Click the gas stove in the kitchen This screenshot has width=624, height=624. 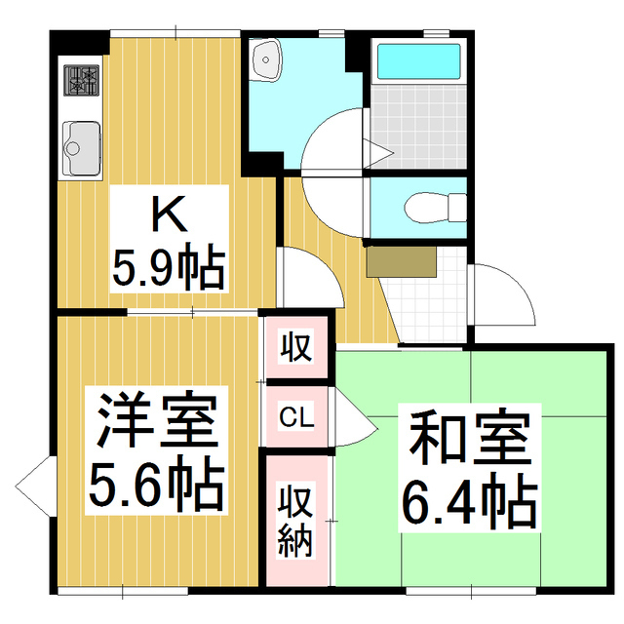[83, 80]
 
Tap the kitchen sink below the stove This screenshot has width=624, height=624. [82, 149]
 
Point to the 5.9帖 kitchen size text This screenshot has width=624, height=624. [167, 267]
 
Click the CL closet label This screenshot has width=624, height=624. [295, 418]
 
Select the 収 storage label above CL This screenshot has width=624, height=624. [296, 346]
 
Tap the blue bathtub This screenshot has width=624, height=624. [418, 60]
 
